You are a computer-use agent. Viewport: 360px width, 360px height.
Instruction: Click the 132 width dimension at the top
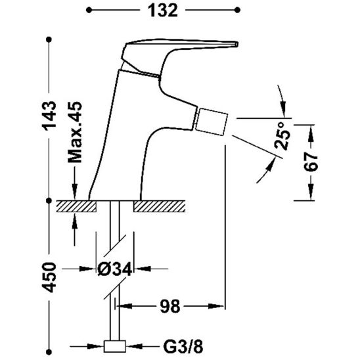point(162,11)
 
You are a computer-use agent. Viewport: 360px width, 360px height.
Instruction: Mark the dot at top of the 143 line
point(49,40)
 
